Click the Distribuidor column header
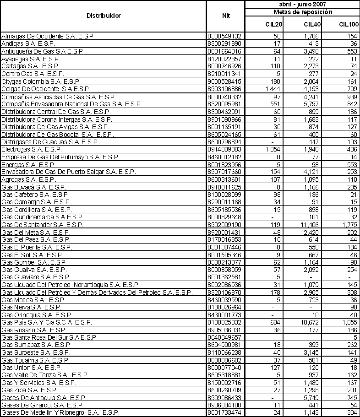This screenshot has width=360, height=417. click(x=104, y=16)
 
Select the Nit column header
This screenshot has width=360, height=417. click(x=225, y=16)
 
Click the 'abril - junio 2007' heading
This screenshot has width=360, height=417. click(x=302, y=4)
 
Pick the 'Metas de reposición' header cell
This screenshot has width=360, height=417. click(x=302, y=12)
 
